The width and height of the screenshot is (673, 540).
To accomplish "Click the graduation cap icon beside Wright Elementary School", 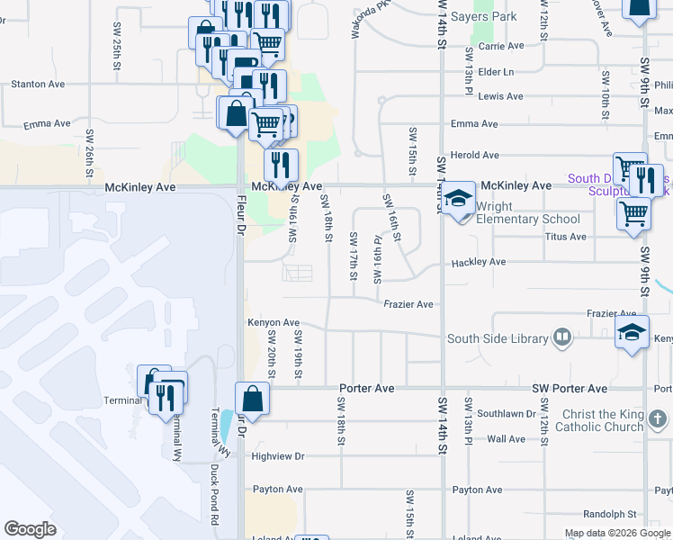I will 459,198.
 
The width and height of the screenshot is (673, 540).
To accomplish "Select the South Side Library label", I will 498,338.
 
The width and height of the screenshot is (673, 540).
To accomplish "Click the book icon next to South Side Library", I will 562,337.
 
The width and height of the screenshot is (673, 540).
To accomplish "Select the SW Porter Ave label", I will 563,389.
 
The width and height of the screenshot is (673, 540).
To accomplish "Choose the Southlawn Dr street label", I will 507,414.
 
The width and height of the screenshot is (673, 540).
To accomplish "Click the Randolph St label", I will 609,514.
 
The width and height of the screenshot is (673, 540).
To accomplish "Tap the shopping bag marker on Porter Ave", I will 253,400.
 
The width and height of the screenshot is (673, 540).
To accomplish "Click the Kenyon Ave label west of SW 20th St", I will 273,322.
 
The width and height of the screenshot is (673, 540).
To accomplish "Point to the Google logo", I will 31,529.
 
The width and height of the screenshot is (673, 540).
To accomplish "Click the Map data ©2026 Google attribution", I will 617,533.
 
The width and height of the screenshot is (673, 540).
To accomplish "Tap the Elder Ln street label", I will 496,71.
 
